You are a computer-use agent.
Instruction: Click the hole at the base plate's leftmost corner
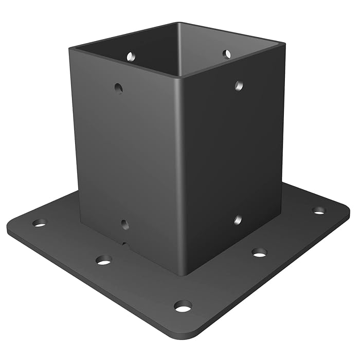click(39, 223)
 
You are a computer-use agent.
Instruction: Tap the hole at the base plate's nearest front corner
click(183, 307)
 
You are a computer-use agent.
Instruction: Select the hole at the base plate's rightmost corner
click(319, 210)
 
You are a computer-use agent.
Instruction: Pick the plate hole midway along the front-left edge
click(104, 260)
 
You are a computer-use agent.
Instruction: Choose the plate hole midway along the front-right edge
click(259, 253)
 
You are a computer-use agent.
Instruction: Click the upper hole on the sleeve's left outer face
click(118, 88)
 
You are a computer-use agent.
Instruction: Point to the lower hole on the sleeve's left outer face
click(124, 224)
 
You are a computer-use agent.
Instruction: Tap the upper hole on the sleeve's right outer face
click(239, 85)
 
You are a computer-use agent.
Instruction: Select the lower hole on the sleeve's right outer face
click(238, 220)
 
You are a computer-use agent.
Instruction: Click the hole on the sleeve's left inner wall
click(131, 55)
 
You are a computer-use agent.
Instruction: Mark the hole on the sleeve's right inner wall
click(226, 53)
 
